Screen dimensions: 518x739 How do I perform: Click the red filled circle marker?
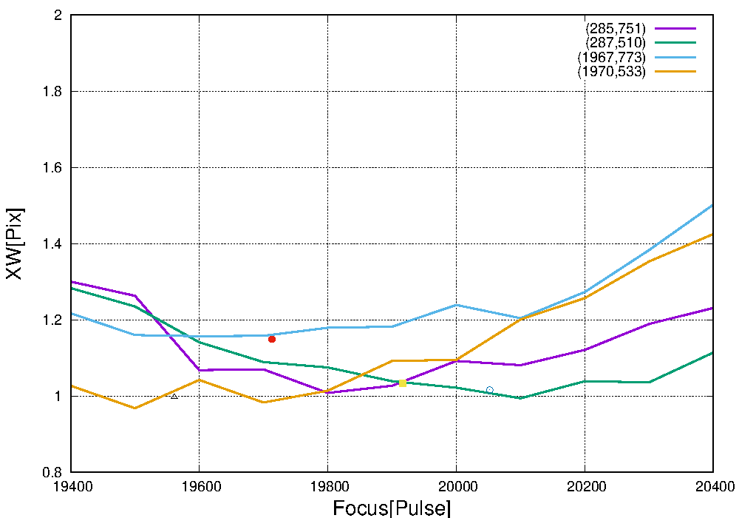coord(272,339)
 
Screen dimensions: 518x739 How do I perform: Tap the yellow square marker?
coord(402,383)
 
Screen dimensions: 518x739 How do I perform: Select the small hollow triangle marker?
coord(174,397)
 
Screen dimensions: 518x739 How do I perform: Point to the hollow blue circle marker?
coord(489,390)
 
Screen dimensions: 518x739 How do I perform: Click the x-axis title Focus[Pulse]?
coord(392,508)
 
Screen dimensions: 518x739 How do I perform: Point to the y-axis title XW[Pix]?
coord(15,243)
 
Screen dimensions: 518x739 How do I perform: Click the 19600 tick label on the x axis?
coord(199,486)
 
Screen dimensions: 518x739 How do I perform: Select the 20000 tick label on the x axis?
coord(456,486)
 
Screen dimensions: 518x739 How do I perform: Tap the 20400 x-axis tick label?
coord(713,486)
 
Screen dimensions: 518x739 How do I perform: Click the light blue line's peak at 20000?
coord(456,305)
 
